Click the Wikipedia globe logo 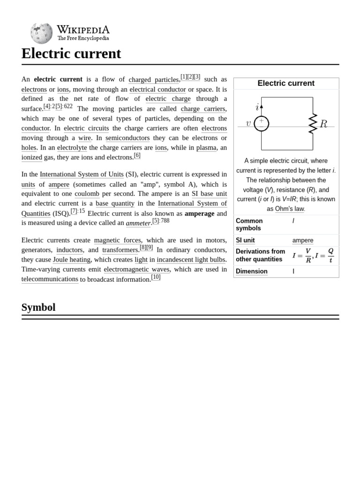[x=41, y=33]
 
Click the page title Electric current [x=71, y=53]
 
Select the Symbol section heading [x=38, y=307]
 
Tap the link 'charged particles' [x=153, y=80]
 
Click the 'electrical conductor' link [x=157, y=89]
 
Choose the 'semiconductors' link [x=127, y=138]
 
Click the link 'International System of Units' [x=82, y=174]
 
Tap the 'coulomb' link [x=87, y=194]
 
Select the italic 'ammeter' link [x=138, y=223]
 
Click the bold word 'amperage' [x=199, y=213]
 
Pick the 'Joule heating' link [x=72, y=259]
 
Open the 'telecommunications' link [x=50, y=279]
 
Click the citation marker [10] [x=156, y=277]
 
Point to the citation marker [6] [x=137, y=156]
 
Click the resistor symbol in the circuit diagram [x=313, y=124]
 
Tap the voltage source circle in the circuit [x=261, y=124]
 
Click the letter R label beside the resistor [x=323, y=124]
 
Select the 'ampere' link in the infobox [x=303, y=240]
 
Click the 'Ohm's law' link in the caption [x=290, y=209]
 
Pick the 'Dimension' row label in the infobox [x=251, y=271]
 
